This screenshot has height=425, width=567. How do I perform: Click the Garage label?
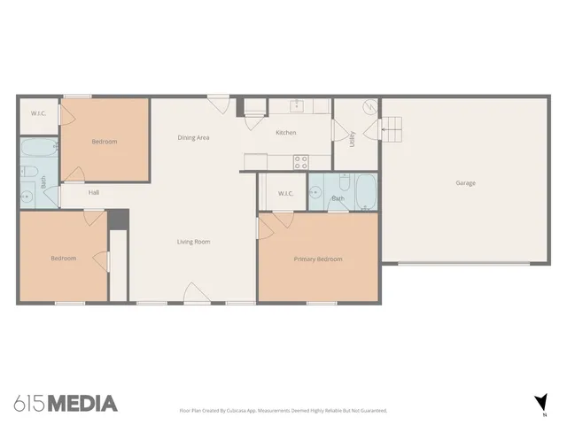(x=465, y=183)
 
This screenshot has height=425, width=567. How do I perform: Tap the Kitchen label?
(x=285, y=133)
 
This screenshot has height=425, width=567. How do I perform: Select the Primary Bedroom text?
(x=318, y=259)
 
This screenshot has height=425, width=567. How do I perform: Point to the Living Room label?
(x=192, y=241)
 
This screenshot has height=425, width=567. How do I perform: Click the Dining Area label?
(x=193, y=137)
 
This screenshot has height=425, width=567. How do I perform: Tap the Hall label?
(x=93, y=192)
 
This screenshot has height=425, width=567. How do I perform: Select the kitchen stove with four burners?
(x=300, y=161)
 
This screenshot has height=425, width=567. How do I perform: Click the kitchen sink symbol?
(x=299, y=106)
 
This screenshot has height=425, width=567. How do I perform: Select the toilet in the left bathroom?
(x=28, y=172)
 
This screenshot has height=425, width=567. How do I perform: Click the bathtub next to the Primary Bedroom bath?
(x=367, y=191)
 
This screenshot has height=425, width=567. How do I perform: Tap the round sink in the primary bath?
(x=315, y=190)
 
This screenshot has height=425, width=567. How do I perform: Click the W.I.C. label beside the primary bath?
(x=285, y=193)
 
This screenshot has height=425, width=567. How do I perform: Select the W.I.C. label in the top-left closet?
(x=38, y=113)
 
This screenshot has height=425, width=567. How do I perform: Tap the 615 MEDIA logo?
(x=66, y=404)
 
